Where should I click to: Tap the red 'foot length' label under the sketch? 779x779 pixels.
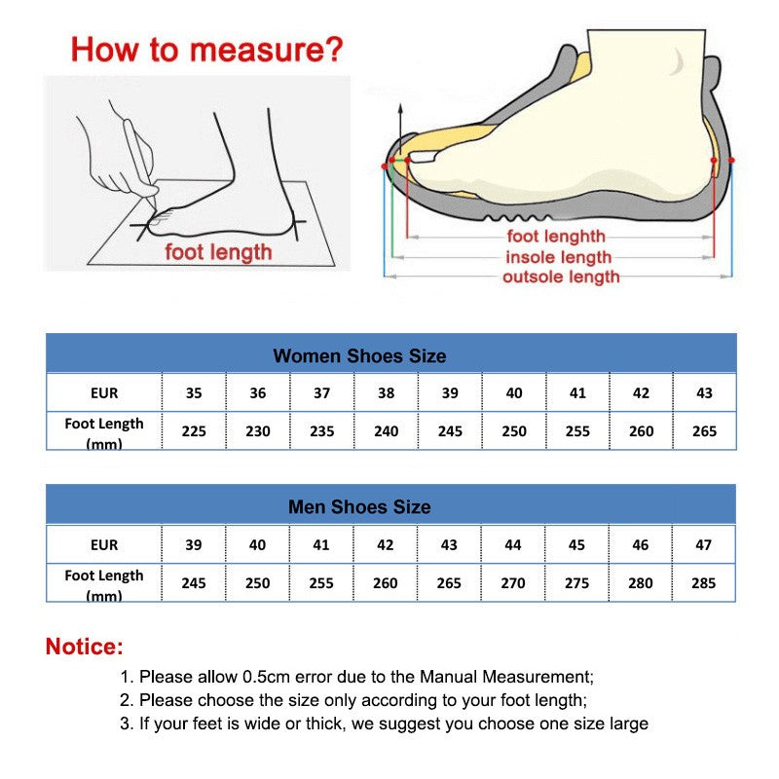click(x=218, y=253)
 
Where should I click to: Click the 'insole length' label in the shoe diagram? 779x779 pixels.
click(x=558, y=257)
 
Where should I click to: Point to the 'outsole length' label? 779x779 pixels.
click(x=561, y=278)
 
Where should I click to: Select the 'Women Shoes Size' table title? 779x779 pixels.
click(x=359, y=355)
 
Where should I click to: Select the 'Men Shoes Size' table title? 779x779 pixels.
click(x=359, y=507)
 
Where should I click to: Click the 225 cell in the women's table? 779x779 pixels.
click(x=194, y=430)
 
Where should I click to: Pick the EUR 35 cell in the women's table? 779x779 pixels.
click(x=194, y=393)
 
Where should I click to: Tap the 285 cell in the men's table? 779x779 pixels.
click(x=703, y=582)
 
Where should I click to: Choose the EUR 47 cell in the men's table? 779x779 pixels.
click(x=703, y=545)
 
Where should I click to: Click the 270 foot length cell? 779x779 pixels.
click(x=513, y=582)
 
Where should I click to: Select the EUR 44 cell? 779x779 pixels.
click(x=513, y=545)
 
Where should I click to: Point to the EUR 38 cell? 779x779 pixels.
click(x=386, y=393)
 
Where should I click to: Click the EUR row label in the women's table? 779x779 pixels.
click(x=103, y=393)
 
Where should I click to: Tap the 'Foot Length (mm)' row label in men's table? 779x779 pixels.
click(x=103, y=583)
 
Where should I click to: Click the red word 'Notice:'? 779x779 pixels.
click(x=85, y=647)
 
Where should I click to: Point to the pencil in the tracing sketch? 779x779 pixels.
click(x=139, y=156)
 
